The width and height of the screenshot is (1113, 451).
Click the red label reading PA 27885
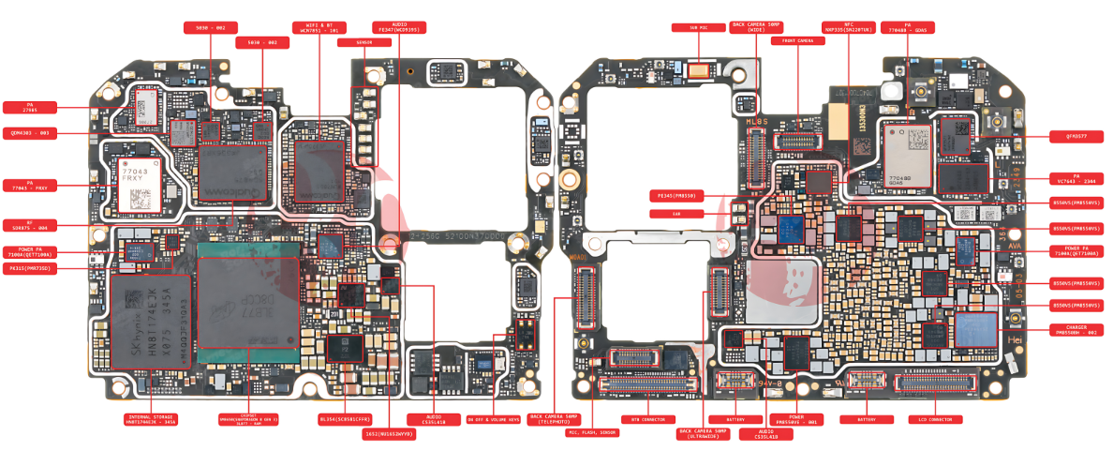(x=30, y=107)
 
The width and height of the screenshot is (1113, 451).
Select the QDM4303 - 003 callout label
(x=30, y=132)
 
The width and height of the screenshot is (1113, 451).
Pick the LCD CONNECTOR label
(x=935, y=419)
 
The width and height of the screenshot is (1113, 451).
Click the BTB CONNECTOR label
(x=647, y=419)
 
